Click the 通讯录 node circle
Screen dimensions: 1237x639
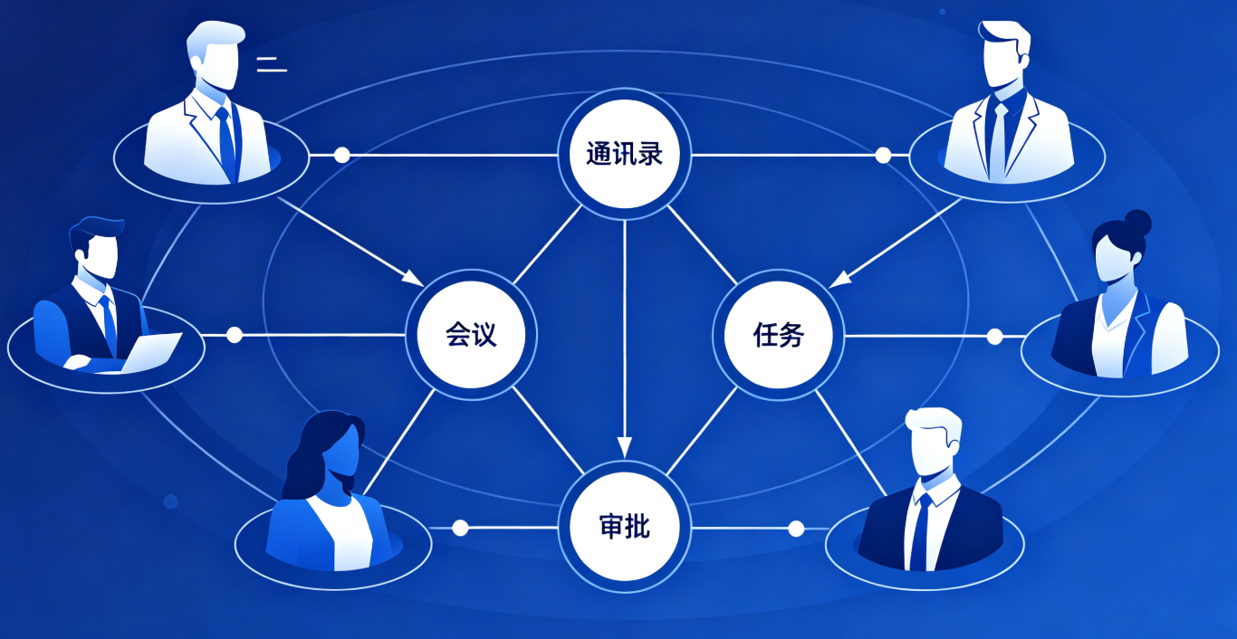[625, 154]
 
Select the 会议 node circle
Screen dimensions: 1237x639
[471, 334]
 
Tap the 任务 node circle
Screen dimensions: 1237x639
[778, 334]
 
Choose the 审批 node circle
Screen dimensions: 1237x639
[625, 527]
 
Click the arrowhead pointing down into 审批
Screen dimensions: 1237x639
[625, 447]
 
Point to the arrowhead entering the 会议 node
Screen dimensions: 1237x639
[413, 278]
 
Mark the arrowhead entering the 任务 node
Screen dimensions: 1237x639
[839, 280]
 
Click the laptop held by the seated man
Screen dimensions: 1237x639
[150, 353]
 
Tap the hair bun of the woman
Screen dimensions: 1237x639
[1137, 223]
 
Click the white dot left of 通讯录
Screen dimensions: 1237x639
[341, 155]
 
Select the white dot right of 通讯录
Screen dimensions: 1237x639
[883, 155]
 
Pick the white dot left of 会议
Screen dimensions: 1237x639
[235, 335]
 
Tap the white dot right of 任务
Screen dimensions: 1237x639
[994, 336]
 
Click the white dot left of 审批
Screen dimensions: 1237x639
[460, 528]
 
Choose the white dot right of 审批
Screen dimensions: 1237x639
[796, 529]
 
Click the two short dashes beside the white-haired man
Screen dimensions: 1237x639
[272, 64]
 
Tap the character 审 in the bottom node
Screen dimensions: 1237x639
[611, 527]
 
